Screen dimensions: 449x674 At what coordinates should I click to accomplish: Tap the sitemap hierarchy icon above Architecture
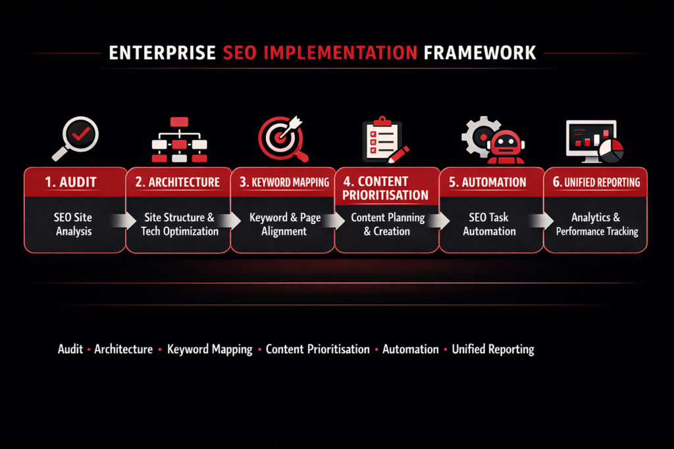(x=179, y=139)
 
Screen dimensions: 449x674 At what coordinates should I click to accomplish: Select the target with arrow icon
(x=282, y=139)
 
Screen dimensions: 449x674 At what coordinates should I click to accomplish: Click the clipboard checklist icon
(x=384, y=139)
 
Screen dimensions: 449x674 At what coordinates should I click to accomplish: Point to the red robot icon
(x=505, y=145)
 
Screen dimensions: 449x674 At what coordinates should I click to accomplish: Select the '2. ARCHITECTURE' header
(x=178, y=182)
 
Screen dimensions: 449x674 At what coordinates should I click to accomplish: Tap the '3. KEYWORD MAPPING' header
(x=282, y=182)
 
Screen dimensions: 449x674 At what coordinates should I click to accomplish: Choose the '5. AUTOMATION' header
(x=488, y=182)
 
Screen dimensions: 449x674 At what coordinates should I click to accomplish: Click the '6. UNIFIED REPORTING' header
(x=596, y=182)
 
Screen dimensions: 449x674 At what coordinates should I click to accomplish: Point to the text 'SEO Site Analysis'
(x=74, y=224)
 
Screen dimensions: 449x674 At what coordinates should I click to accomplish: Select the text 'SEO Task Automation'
(x=489, y=224)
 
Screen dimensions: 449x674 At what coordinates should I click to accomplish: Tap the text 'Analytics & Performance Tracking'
(x=596, y=224)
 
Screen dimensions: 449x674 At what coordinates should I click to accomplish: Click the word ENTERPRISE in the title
(x=162, y=53)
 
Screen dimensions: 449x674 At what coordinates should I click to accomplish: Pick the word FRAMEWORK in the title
(x=480, y=53)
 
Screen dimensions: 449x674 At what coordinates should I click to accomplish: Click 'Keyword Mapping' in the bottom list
(x=210, y=349)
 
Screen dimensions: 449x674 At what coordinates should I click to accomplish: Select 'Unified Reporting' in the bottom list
(x=493, y=349)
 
